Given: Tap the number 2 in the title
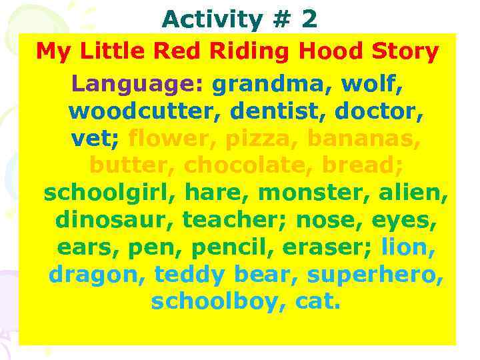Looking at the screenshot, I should coord(309,19).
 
